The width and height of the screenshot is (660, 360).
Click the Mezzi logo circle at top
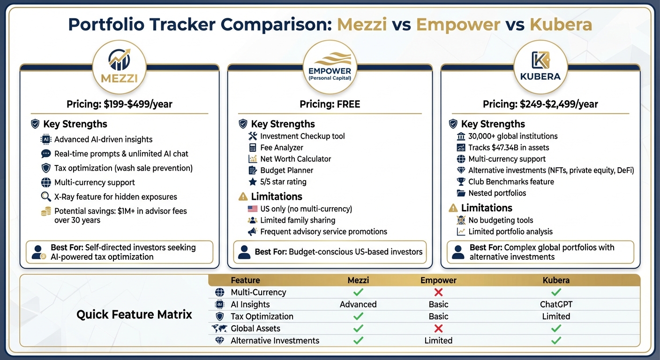tap(120, 65)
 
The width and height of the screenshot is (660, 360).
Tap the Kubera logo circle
tap(540, 65)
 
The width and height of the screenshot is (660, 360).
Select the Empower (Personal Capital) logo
tap(330, 65)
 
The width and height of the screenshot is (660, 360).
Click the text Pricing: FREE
tap(330, 104)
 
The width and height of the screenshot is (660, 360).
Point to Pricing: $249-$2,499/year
tap(540, 104)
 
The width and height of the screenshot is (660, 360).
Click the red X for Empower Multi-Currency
tap(438, 292)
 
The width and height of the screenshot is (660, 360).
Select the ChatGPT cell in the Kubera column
tap(556, 304)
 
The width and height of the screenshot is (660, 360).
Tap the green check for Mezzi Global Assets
tap(358, 329)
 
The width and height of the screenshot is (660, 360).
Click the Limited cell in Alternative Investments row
tap(438, 341)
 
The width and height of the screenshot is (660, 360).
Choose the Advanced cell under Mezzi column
tap(358, 304)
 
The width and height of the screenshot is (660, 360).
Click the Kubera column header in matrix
tap(556, 280)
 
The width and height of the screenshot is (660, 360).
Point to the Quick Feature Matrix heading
tap(134, 315)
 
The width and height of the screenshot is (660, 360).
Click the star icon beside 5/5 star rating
tap(252, 182)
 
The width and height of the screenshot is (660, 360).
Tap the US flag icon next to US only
tap(252, 209)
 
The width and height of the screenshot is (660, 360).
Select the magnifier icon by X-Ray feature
tap(46, 197)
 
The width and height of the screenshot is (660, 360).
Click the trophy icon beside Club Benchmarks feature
tap(460, 182)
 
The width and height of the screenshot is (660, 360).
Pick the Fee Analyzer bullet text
tap(282, 148)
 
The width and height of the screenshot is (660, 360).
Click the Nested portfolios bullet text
tap(497, 193)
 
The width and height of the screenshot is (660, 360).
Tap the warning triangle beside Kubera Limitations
tap(453, 208)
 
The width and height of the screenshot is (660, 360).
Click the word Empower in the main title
tap(457, 24)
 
